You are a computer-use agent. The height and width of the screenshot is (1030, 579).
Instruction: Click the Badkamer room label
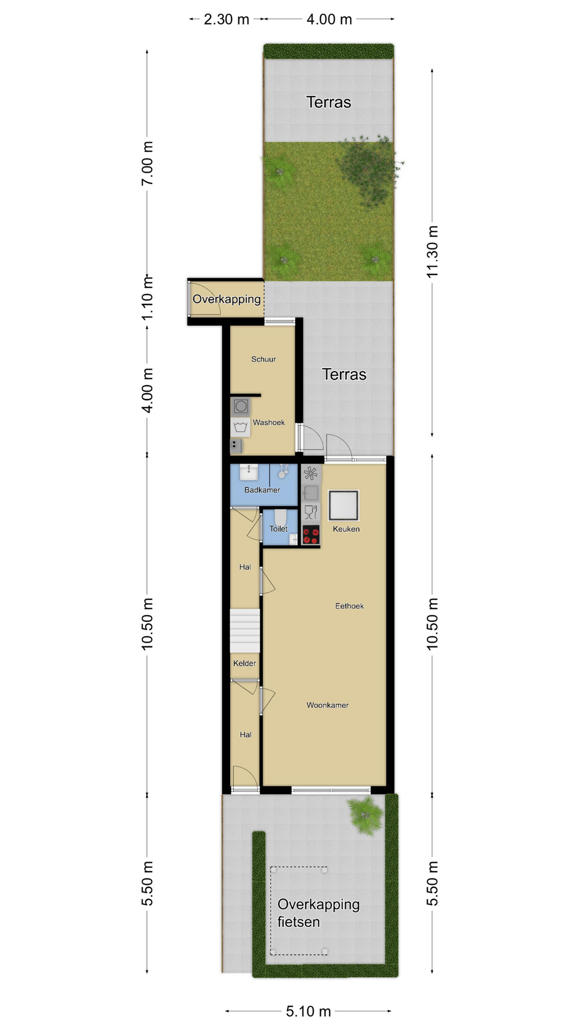pyautogui.click(x=262, y=490)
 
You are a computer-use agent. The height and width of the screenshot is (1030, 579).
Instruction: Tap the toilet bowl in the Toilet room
pyautogui.click(x=280, y=518)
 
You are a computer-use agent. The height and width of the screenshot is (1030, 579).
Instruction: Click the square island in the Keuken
pyautogui.click(x=343, y=505)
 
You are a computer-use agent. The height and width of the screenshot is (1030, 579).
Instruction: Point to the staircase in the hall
pyautogui.click(x=245, y=630)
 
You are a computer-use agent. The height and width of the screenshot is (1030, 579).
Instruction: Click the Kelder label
pyautogui.click(x=244, y=664)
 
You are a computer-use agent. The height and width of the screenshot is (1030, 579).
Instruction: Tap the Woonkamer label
pyautogui.click(x=328, y=705)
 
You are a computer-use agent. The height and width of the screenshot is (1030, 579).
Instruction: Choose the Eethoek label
pyautogui.click(x=350, y=606)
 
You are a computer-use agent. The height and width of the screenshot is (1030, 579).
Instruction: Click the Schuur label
pyautogui.click(x=264, y=359)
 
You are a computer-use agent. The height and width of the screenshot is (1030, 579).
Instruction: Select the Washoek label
pyautogui.click(x=269, y=422)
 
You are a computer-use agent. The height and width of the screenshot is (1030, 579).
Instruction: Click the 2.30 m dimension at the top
pyautogui.click(x=226, y=19)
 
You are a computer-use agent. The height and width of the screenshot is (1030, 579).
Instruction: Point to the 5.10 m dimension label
pyautogui.click(x=308, y=1011)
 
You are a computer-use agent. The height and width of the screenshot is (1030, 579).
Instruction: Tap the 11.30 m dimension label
pyautogui.click(x=432, y=252)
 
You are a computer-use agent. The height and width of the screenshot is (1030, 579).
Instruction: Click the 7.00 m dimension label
pyautogui.click(x=147, y=164)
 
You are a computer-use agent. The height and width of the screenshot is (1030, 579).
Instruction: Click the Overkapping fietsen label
pyautogui.click(x=318, y=913)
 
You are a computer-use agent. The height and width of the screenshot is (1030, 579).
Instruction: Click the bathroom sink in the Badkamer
pyautogui.click(x=248, y=472)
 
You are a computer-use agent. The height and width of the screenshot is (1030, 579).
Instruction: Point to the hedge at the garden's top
pyautogui.click(x=329, y=51)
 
